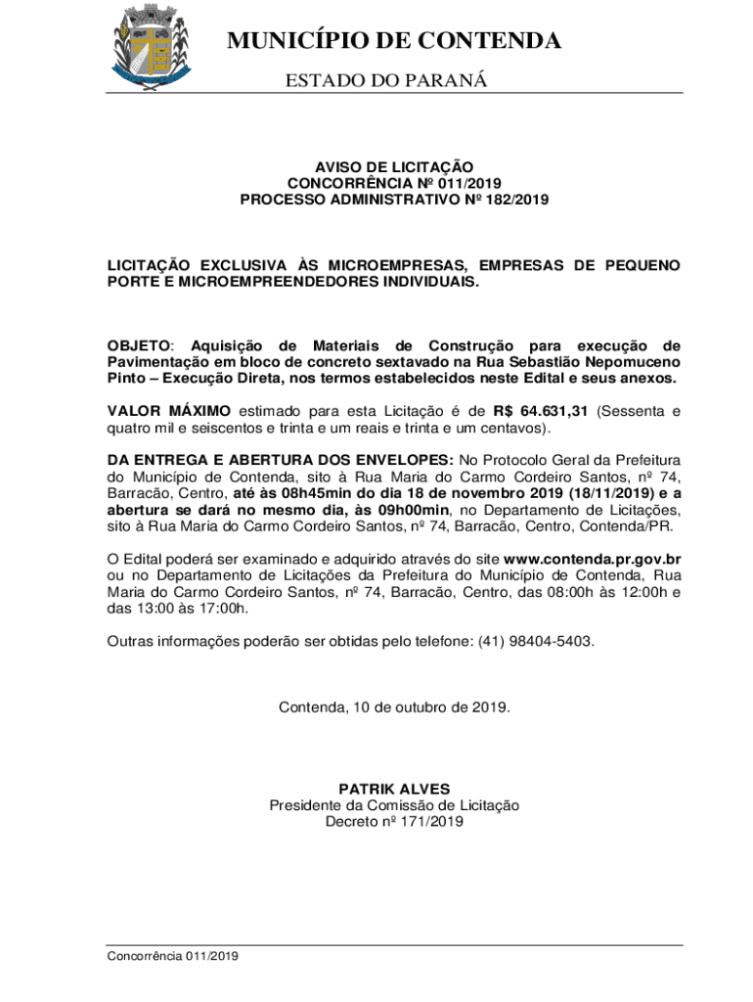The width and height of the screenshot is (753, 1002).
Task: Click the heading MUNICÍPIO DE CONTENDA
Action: click(394, 41)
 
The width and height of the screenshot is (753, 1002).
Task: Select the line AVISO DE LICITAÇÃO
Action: click(394, 167)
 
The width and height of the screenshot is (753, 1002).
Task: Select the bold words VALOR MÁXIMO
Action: click(169, 410)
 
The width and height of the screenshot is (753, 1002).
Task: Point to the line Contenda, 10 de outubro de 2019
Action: click(394, 706)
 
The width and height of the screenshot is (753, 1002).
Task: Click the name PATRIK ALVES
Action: click(394, 789)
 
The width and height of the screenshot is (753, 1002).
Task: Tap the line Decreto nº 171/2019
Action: click(394, 822)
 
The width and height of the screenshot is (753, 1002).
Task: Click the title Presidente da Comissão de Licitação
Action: click(394, 805)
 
